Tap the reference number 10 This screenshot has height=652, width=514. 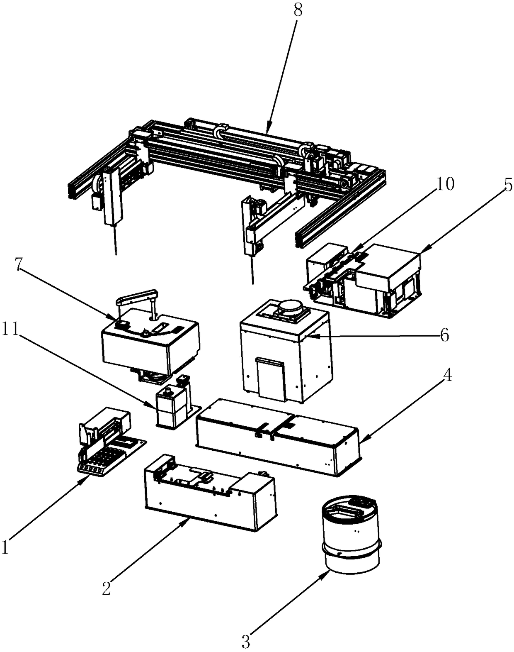click(x=445, y=184)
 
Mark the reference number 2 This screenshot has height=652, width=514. click(x=107, y=588)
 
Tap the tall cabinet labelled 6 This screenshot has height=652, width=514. click(x=286, y=357)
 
